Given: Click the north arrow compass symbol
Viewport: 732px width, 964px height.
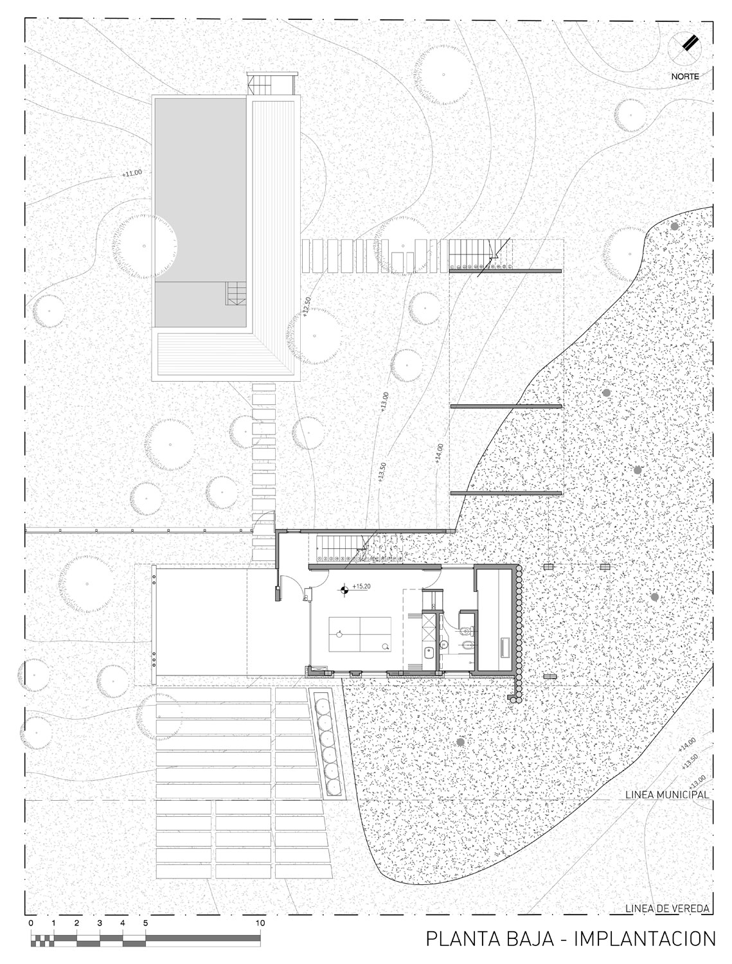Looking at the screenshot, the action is click(x=684, y=48).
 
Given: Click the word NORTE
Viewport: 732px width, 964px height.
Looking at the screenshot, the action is click(x=685, y=76).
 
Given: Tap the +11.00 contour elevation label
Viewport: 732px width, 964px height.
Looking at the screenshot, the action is click(x=132, y=173).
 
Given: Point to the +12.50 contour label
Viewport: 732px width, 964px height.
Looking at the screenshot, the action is click(x=307, y=307).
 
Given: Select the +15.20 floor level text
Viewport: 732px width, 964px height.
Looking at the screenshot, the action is click(x=361, y=586).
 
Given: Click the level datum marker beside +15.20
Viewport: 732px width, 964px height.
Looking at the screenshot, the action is click(x=344, y=591).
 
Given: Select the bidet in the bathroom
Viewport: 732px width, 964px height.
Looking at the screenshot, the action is click(x=468, y=646).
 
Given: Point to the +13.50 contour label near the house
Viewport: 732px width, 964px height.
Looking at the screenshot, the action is click(x=382, y=472).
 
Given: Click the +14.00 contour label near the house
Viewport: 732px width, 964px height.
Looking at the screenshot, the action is click(x=439, y=454).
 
